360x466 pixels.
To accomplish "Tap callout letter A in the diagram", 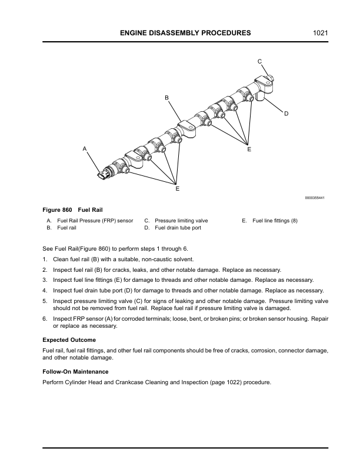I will pos(85,149).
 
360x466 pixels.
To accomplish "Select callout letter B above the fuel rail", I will pos(166,97).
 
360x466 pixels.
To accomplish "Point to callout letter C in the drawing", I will pos(259,61).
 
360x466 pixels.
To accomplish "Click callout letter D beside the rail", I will pos(286,113).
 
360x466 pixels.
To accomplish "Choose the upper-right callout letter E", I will pos(249,151).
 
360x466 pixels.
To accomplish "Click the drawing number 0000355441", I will pos(315,198).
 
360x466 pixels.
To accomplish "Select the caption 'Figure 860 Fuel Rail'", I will pos(73,210).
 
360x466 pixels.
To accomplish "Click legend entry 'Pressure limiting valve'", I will pos(181,221).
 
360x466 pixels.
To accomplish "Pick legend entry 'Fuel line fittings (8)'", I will pos(275,221).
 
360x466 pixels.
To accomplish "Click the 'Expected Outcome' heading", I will pos(69,340).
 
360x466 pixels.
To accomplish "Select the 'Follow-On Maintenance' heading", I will pos(75,372).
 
